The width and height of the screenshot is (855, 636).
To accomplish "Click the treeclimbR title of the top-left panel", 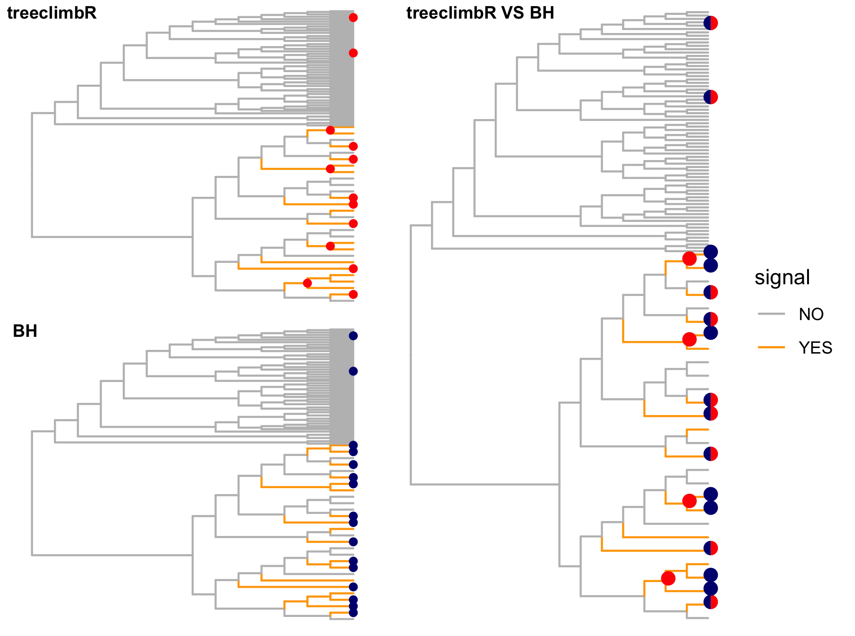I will pyautogui.click(x=52, y=13).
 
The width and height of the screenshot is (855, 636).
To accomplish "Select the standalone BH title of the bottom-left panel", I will pyautogui.click(x=25, y=331).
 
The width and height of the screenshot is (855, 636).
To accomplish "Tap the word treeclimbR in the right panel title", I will pyautogui.click(x=451, y=13).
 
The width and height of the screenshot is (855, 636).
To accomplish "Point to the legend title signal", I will pyautogui.click(x=782, y=277).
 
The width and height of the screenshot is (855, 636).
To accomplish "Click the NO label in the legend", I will pyautogui.click(x=811, y=315).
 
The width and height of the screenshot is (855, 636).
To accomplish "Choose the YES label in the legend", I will pyautogui.click(x=815, y=348).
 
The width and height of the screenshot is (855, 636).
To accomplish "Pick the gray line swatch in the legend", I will pyautogui.click(x=771, y=315).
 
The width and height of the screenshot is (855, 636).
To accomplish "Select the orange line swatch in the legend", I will pyautogui.click(x=771, y=348).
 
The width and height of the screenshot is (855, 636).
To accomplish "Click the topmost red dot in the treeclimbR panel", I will pyautogui.click(x=353, y=18).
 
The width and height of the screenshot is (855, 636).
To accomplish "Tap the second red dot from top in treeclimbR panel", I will pyautogui.click(x=353, y=53).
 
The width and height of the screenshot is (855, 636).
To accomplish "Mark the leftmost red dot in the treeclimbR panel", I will pyautogui.click(x=307, y=283).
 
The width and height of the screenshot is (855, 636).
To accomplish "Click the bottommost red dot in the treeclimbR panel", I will pyautogui.click(x=353, y=295).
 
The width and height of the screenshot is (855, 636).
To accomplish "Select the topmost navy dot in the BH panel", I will pyautogui.click(x=353, y=335).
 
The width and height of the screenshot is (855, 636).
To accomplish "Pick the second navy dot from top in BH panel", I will pyautogui.click(x=353, y=371).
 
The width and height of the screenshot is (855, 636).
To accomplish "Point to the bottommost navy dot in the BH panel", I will pyautogui.click(x=353, y=613).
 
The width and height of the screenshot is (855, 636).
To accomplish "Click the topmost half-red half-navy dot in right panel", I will pyautogui.click(x=710, y=23).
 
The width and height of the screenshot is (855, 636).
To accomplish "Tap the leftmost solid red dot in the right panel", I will pyautogui.click(x=668, y=578).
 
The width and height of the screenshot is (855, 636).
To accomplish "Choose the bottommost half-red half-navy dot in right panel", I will pyautogui.click(x=710, y=602).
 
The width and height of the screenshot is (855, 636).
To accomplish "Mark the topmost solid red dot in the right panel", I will pyautogui.click(x=689, y=258).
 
